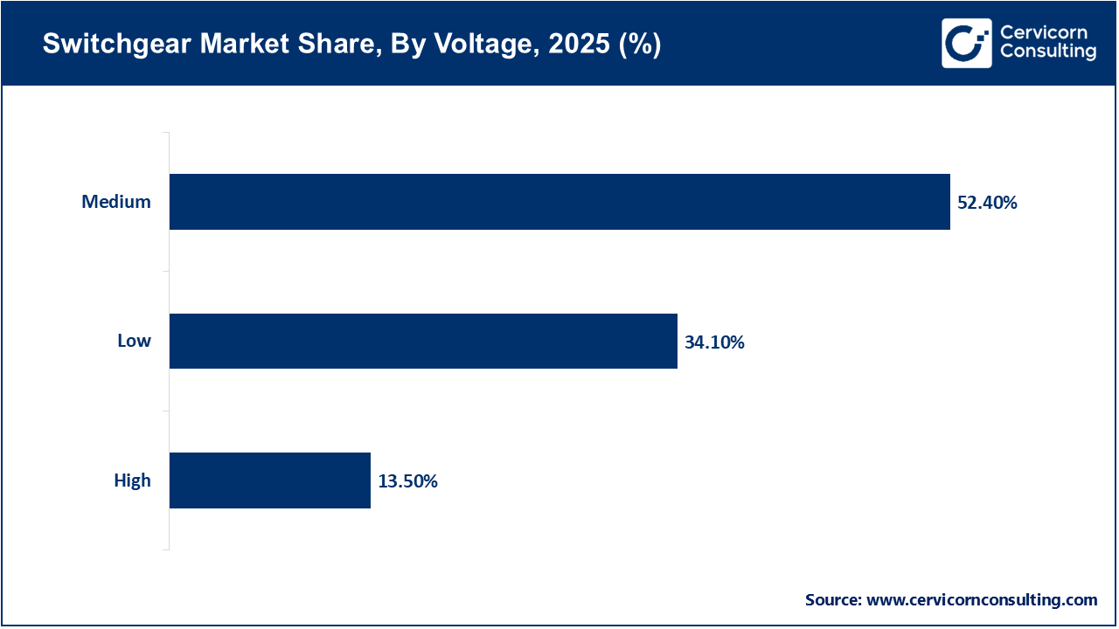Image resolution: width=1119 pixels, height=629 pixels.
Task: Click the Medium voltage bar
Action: point(559,202)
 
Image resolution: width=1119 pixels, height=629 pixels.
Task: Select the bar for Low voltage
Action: point(423,341)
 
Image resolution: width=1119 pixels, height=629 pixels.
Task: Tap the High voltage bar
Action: point(269,480)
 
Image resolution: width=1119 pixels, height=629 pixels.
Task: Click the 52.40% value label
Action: point(987,203)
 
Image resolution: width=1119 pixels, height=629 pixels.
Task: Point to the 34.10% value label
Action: point(714,342)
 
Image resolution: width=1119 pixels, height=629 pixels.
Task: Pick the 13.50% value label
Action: point(407,481)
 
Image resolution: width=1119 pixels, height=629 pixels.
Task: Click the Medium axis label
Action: point(116,202)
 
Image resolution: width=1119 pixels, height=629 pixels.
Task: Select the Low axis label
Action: point(134,341)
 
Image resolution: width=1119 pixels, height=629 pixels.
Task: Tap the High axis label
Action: point(132,480)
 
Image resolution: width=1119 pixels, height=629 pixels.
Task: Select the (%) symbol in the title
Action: point(639,45)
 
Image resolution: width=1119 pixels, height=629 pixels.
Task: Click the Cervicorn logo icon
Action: point(966,43)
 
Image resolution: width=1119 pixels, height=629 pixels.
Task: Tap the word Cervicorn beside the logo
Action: point(1043,33)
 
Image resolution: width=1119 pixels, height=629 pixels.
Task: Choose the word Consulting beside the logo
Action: point(1047,52)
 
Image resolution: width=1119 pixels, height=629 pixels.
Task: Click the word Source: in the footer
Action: point(833,600)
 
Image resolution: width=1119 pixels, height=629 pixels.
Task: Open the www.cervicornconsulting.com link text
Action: point(981,600)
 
